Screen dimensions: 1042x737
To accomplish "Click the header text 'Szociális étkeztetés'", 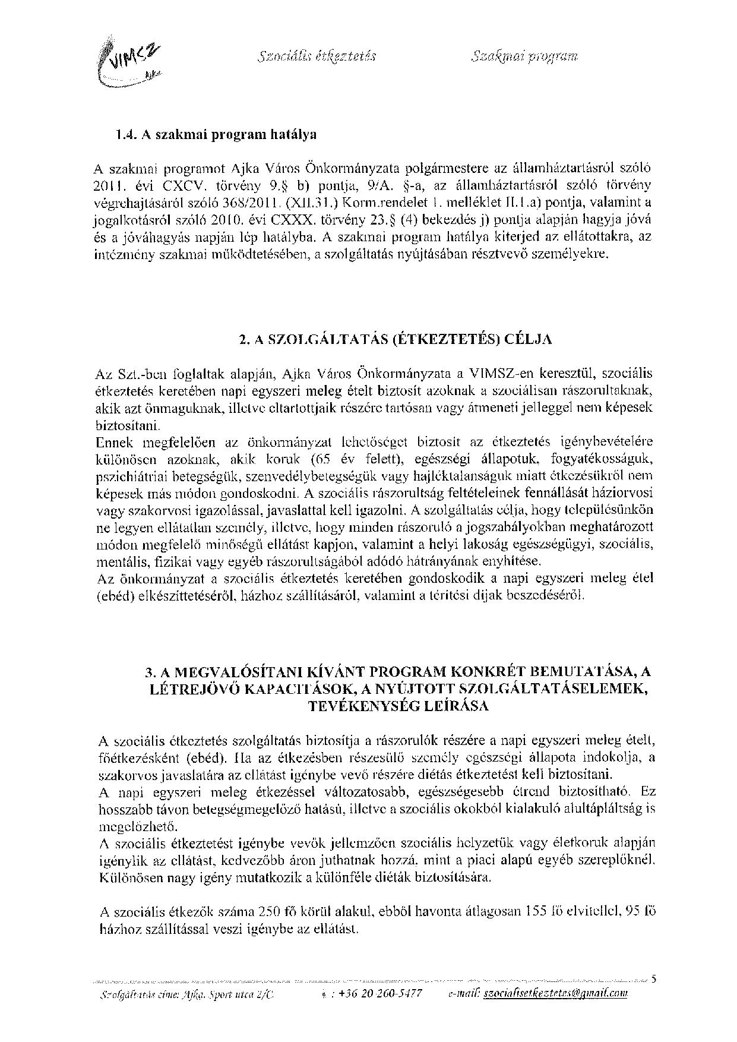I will coord(318,57).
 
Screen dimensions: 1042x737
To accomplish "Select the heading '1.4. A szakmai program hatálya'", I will coord(216,134).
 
